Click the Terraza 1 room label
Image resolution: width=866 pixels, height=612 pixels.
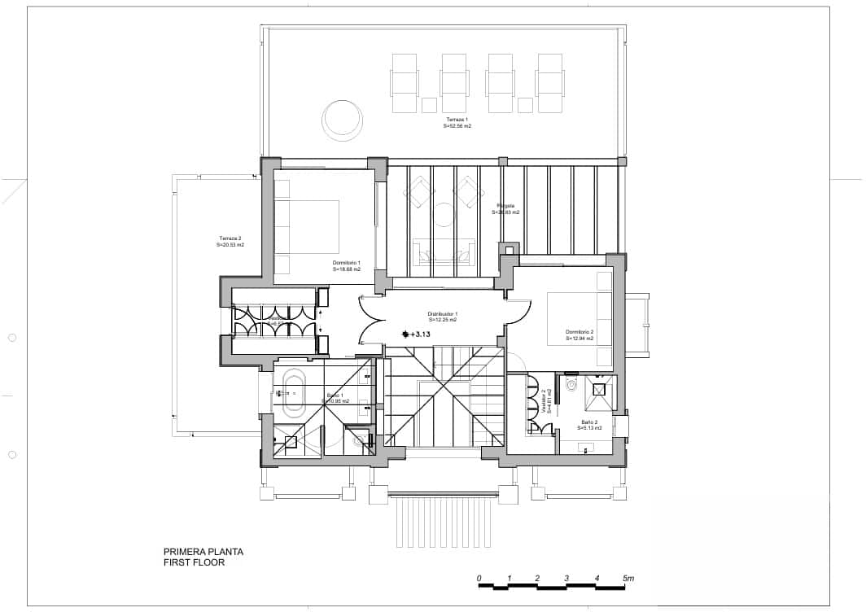pyautogui.click(x=457, y=123)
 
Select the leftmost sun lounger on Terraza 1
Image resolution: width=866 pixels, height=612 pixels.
pyautogui.click(x=405, y=83)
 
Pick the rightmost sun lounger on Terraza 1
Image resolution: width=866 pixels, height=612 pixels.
pyautogui.click(x=549, y=83)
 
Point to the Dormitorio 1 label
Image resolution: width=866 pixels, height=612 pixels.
pyautogui.click(x=347, y=265)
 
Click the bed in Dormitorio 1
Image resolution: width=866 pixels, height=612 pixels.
pyautogui.click(x=313, y=226)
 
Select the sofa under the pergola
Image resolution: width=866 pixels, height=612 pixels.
pyautogui.click(x=444, y=251)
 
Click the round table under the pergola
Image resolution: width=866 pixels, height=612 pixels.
pyautogui.click(x=444, y=215)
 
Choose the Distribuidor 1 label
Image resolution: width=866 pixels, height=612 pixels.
pyautogui.click(x=443, y=317)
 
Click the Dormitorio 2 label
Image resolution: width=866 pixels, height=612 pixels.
pyautogui.click(x=580, y=334)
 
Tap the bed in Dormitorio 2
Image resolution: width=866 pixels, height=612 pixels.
pyautogui.click(x=578, y=318)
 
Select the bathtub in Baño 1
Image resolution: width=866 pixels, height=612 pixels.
pyautogui.click(x=292, y=392)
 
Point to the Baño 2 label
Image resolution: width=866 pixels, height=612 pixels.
pyautogui.click(x=590, y=425)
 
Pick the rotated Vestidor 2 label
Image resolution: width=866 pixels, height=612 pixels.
pyautogui.click(x=546, y=400)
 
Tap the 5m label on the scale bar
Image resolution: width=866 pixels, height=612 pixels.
pyautogui.click(x=628, y=578)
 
